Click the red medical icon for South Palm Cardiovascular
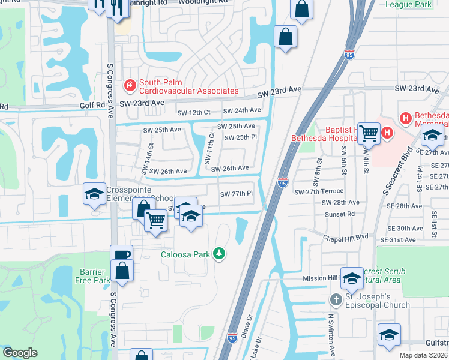click(x=129, y=86)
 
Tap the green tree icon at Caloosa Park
click(x=220, y=254)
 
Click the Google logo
click(x=20, y=353)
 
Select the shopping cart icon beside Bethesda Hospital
click(x=369, y=133)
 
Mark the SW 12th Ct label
click(x=193, y=112)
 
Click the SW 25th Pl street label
click(x=241, y=137)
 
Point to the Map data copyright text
click(x=424, y=355)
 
